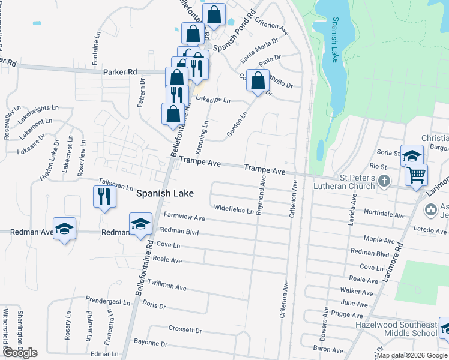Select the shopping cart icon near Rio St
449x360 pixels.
415,175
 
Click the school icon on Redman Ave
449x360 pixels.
65,229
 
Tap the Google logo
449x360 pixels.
20,352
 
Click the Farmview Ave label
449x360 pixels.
184,217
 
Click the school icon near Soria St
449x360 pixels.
412,156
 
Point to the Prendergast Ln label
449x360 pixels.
107,301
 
